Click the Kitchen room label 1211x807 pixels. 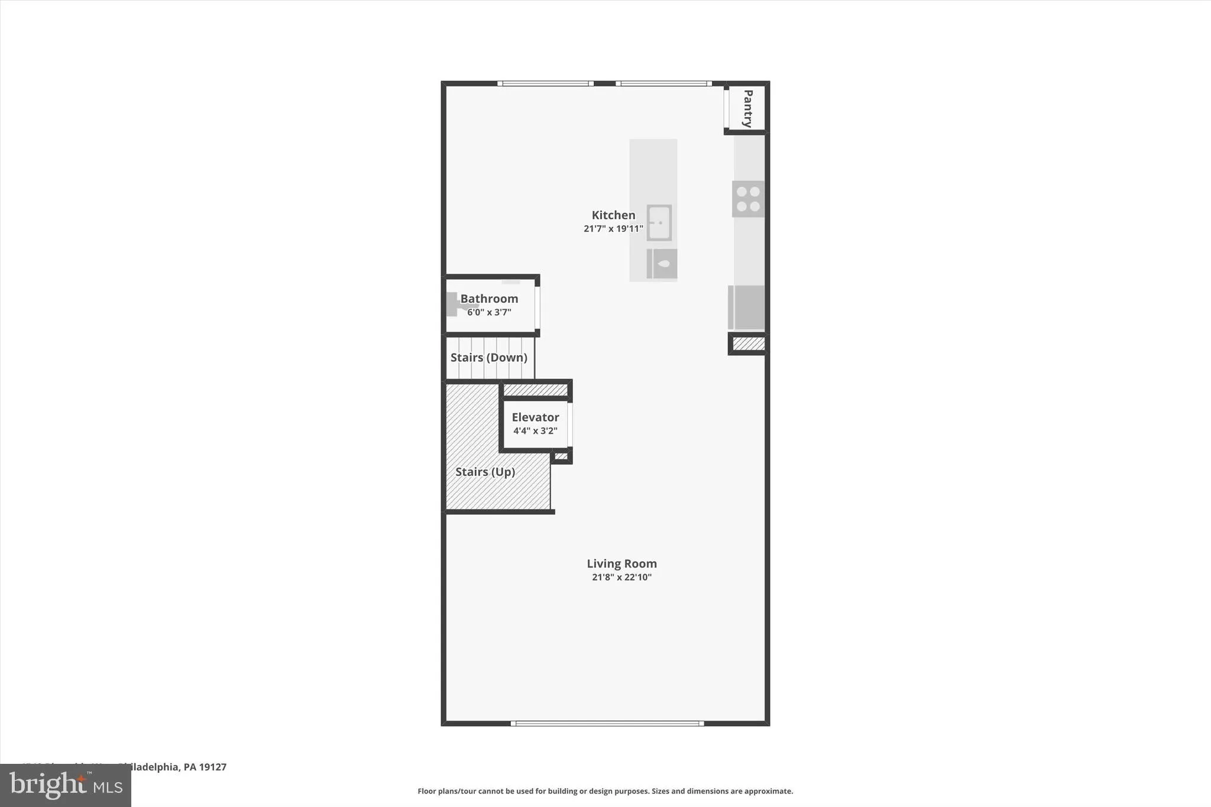(x=613, y=215)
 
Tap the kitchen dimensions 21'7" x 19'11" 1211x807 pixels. (x=613, y=229)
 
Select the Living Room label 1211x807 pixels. (x=621, y=563)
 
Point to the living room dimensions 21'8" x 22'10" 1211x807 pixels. (x=621, y=577)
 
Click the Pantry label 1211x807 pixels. (x=747, y=108)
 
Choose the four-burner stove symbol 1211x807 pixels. (x=748, y=199)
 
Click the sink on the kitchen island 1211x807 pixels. (x=659, y=223)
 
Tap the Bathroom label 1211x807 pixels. (x=489, y=299)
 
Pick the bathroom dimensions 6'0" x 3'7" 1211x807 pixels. (x=489, y=312)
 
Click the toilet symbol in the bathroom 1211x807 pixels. (x=454, y=304)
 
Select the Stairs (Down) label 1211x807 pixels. (x=488, y=357)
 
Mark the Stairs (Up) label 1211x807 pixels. (x=485, y=472)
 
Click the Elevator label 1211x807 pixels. (x=535, y=417)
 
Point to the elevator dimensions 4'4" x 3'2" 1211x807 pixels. (x=535, y=431)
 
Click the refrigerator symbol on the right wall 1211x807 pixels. (x=746, y=307)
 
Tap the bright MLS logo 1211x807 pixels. (x=65, y=785)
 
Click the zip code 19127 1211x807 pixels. (x=213, y=767)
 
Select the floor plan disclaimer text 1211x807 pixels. (x=605, y=791)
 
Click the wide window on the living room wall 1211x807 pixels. (x=607, y=723)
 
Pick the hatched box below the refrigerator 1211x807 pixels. (x=748, y=343)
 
